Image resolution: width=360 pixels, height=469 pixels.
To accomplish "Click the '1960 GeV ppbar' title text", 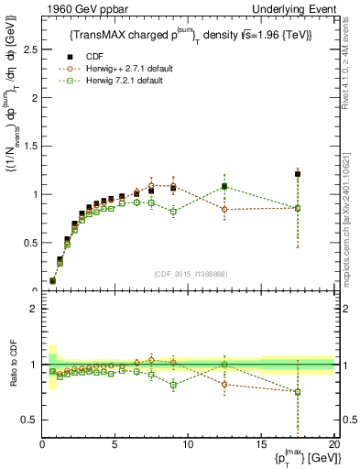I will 76,10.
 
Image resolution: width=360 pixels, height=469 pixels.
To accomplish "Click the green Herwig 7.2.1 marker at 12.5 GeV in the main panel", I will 224,187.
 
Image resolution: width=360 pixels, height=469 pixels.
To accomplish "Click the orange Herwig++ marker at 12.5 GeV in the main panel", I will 224,210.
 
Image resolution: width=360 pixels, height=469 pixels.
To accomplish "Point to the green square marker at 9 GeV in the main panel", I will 173,212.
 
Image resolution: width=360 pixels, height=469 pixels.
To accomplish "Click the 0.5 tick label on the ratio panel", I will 27,420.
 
